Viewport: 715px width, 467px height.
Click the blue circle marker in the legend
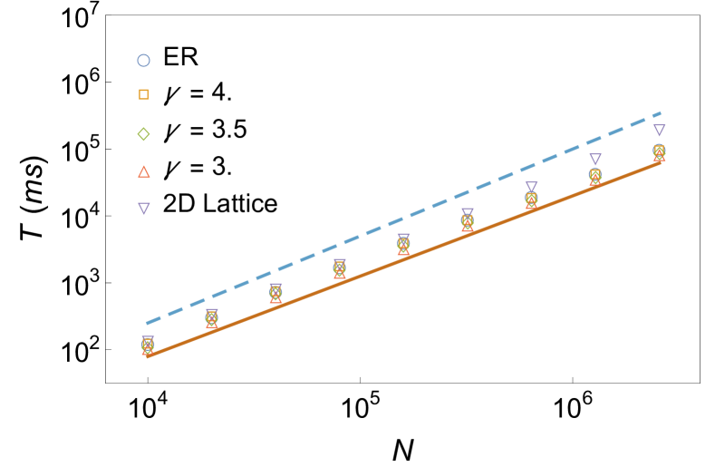[x=143, y=61]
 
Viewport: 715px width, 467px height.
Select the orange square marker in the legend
[x=143, y=94]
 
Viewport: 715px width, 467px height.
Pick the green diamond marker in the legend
[x=143, y=134]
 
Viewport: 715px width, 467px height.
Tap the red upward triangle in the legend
[x=143, y=171]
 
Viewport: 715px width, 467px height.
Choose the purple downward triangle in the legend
[x=143, y=209]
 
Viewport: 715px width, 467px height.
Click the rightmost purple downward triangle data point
[x=659, y=130]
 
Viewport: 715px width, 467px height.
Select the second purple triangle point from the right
[x=594, y=159]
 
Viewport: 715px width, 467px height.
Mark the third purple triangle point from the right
[x=531, y=187]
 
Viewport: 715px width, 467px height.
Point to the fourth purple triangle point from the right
[x=467, y=213]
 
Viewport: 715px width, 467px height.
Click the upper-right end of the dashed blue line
[x=661, y=113]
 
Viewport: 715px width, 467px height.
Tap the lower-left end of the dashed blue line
[x=147, y=323]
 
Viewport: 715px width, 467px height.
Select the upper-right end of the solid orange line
[x=660, y=162]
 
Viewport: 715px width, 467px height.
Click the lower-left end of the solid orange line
[x=148, y=355]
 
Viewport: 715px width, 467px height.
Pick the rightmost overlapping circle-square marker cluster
[x=659, y=151]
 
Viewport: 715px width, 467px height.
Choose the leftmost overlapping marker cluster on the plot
[x=148, y=345]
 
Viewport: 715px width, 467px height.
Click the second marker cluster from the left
[x=211, y=318]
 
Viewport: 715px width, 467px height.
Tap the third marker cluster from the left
[x=275, y=293]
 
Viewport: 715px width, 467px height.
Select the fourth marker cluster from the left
[x=339, y=268]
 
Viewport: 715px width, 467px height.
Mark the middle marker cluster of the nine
[x=403, y=244]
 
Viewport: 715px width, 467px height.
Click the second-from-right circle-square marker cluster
[x=594, y=174]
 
